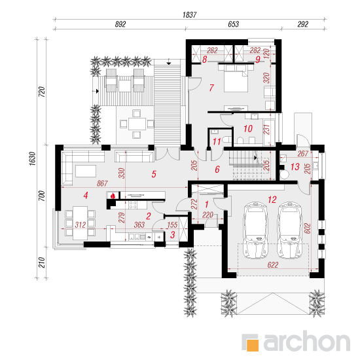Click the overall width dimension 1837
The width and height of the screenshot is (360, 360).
click(189, 15)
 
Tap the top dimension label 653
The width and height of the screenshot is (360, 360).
click(233, 24)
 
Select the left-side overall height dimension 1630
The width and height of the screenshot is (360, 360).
click(32, 158)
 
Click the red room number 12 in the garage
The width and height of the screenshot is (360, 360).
click(272, 200)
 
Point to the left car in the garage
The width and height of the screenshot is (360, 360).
click(255, 230)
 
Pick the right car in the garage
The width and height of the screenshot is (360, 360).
click(289, 230)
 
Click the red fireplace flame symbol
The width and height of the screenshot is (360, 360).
click(113, 196)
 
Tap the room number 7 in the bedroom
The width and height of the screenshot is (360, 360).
click(211, 88)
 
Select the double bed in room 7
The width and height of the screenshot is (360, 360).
click(236, 79)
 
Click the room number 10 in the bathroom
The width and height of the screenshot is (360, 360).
click(248, 128)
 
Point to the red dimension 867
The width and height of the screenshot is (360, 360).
click(102, 183)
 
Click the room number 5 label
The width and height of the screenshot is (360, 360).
click(154, 174)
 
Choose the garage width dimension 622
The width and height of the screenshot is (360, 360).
click(273, 265)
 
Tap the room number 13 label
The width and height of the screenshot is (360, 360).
click(295, 167)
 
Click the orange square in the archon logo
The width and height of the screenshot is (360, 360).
click(253, 345)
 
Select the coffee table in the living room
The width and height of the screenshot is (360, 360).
click(86, 171)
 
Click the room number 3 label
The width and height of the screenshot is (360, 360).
click(173, 234)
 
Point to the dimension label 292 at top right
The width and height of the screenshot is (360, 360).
click(303, 24)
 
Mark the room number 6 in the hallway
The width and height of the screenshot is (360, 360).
click(217, 170)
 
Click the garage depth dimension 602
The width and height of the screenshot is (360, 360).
click(307, 228)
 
